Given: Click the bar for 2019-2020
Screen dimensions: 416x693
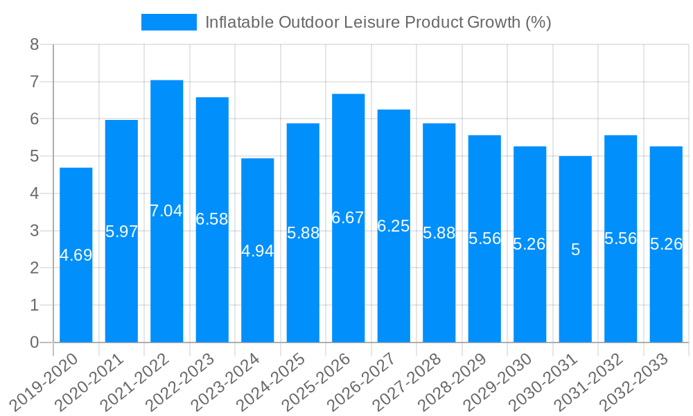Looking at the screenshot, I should [76, 291].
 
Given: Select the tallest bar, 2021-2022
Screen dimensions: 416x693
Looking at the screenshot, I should [167, 277].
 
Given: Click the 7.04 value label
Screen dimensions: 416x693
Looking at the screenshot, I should [167, 211].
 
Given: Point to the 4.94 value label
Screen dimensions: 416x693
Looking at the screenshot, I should [258, 251].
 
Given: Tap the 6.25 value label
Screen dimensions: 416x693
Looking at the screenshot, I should [394, 225].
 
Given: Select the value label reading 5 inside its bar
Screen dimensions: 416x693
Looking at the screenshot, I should [575, 250].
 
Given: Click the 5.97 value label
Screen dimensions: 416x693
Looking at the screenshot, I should [122, 232].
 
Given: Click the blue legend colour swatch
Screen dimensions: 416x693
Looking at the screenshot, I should [169, 22].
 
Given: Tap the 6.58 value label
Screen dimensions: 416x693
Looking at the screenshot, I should [212, 219].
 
